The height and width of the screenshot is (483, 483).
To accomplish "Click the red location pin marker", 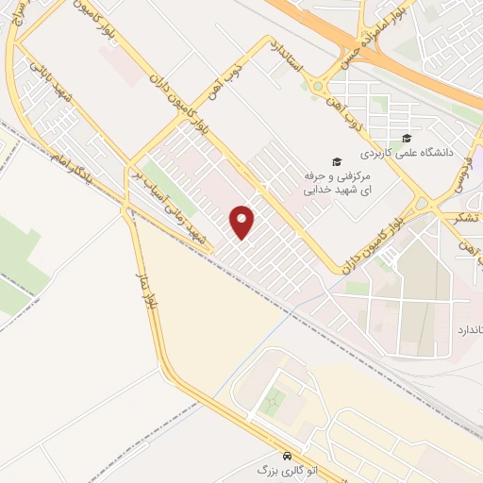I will (x=242, y=221).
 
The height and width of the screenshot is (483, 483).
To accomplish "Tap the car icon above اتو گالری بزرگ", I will (x=287, y=452).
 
